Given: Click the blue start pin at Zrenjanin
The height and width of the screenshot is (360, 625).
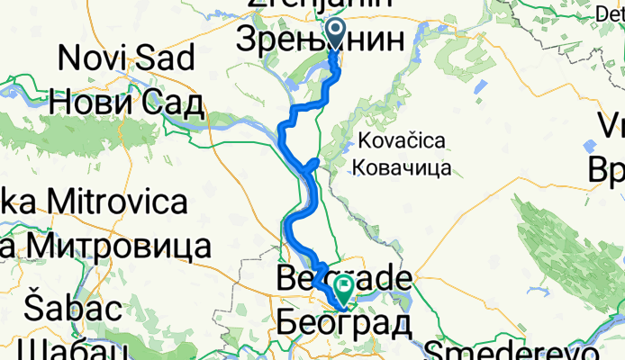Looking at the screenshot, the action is click(336, 35).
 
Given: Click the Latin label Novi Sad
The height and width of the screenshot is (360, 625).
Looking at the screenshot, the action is click(126, 59).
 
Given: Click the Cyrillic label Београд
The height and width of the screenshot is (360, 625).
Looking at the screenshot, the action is click(344, 321).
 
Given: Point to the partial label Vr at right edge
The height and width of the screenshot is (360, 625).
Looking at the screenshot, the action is click(605, 126).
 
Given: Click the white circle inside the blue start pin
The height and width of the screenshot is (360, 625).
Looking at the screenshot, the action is click(336, 30).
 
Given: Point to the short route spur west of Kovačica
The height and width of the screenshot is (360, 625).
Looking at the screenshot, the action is click(313, 163).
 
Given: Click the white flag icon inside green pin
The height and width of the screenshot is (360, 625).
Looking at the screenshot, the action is click(344, 286).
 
